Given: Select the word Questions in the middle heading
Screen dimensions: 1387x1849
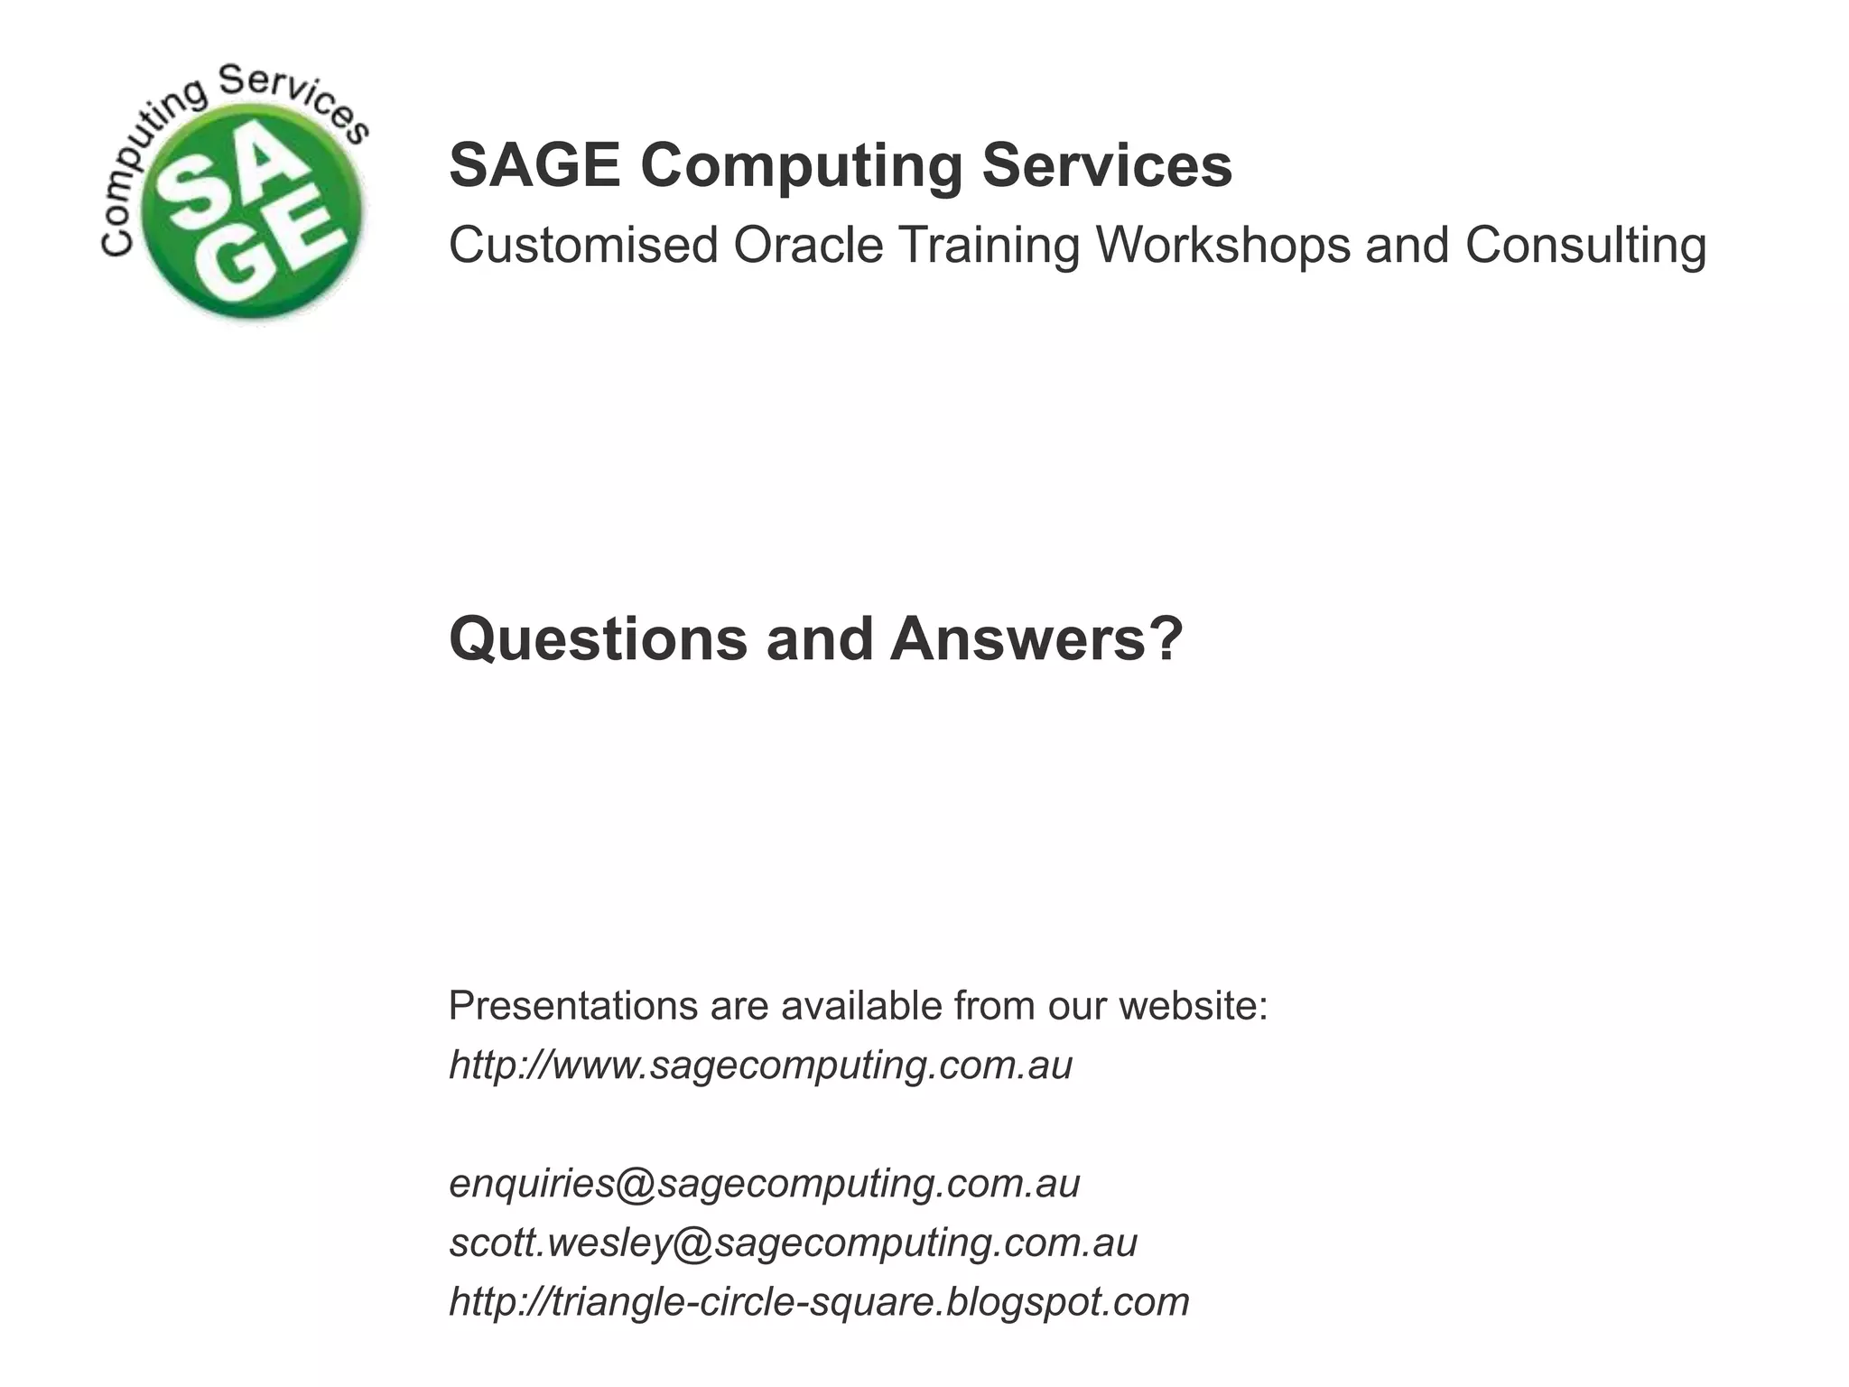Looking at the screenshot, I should (598, 639).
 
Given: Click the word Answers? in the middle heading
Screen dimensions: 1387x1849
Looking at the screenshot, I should (1036, 639).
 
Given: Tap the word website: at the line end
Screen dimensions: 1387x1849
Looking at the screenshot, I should (1194, 1006).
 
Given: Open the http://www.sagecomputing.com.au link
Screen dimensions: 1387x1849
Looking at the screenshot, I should (760, 1066).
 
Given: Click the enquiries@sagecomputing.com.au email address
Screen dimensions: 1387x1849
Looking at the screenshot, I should (764, 1184).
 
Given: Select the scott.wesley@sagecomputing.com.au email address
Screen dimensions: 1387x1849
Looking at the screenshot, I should (793, 1243).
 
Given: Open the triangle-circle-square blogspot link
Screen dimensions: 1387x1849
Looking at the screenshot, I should (819, 1302).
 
